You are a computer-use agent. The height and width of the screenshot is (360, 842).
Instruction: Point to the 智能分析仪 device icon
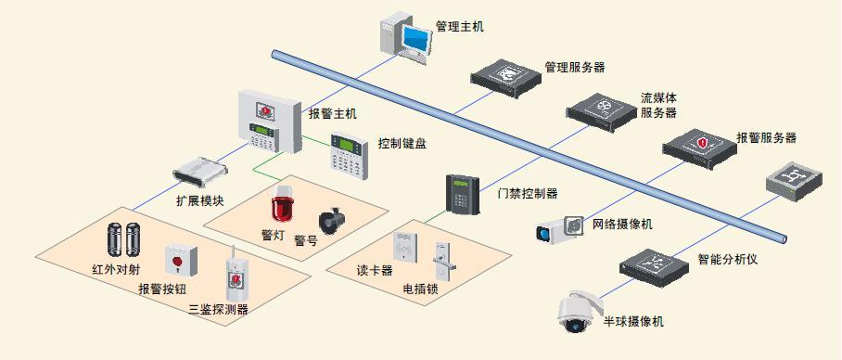coord(657,264)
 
